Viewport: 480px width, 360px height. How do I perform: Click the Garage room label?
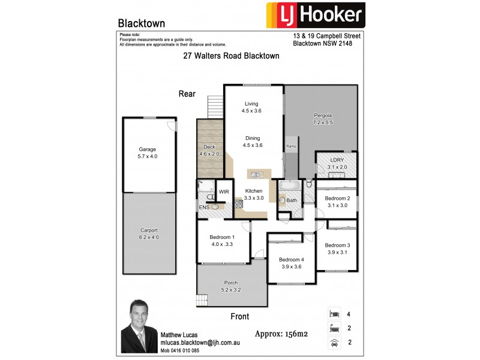[148, 149]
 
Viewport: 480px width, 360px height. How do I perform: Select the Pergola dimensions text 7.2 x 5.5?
[323, 122]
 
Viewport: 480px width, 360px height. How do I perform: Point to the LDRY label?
[337, 160]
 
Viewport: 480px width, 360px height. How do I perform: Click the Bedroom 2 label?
[337, 198]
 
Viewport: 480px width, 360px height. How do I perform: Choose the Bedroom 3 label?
[337, 245]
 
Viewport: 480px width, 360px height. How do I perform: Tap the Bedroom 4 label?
[292, 259]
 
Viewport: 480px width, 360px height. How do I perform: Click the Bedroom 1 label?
[221, 237]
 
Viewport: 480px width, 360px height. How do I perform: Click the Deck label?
[209, 147]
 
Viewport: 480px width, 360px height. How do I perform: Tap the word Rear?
[188, 94]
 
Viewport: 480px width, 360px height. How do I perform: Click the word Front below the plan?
[239, 316]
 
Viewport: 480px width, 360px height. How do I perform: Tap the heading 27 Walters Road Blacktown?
[231, 56]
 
